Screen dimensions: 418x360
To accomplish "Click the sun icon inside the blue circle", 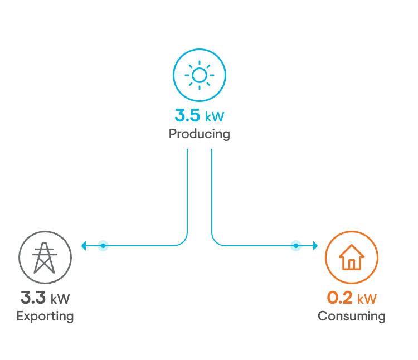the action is point(200,75).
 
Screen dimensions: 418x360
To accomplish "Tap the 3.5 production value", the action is point(187,115).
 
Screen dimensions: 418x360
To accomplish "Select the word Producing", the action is point(200,134).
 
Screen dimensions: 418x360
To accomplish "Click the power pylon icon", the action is point(45,257).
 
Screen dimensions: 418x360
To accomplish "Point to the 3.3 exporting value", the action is point(33,298).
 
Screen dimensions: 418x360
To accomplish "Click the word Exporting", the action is point(45,317).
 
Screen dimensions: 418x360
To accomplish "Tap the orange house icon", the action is point(352,257).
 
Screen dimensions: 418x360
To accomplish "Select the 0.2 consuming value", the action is point(339,298).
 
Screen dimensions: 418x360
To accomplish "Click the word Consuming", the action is point(352,316).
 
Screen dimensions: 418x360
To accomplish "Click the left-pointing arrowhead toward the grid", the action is point(84,246).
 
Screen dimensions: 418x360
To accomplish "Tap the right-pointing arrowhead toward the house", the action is point(315,246).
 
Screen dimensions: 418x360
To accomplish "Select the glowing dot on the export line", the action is point(103,246).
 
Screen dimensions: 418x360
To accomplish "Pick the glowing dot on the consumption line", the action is point(296,246).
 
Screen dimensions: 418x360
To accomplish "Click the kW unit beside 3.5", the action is point(215,116).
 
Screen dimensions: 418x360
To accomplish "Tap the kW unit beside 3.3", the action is point(60,299).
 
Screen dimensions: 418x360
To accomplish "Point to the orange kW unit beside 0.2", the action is point(367,299).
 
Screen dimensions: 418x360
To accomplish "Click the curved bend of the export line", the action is point(184,242).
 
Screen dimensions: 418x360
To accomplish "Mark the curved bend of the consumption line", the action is point(215,242).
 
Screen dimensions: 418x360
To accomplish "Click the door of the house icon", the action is point(352,264).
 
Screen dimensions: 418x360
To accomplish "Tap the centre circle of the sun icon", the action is point(200,75).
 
